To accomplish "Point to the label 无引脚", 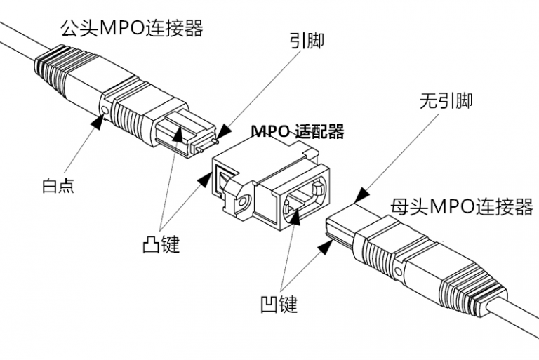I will tap(445, 100).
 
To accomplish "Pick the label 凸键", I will tap(161, 244).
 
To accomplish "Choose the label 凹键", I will tap(279, 304).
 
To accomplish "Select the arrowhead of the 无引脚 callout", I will tap(359, 196).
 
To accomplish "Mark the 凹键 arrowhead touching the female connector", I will tap(326, 245).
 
